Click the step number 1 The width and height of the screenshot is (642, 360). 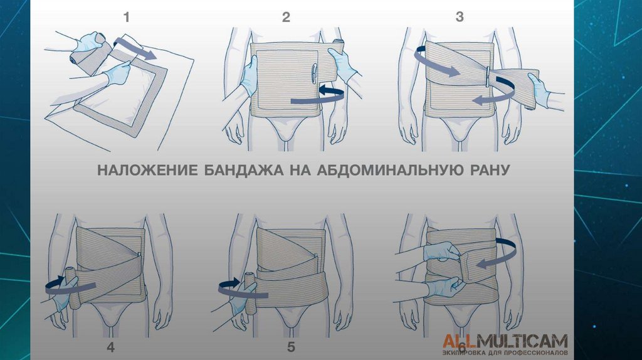pyautogui.click(x=127, y=17)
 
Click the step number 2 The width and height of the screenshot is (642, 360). pyautogui.click(x=286, y=17)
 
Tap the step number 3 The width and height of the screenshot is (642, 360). pyautogui.click(x=460, y=17)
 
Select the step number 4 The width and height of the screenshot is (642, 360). pyautogui.click(x=110, y=347)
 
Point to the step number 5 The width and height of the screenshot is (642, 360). pyautogui.click(x=291, y=347)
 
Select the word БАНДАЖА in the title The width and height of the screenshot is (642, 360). pyautogui.click(x=244, y=169)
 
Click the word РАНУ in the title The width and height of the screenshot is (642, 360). pyautogui.click(x=485, y=169)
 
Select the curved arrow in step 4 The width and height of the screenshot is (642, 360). pyautogui.click(x=70, y=285)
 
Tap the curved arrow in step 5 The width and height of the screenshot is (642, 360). pyautogui.click(x=241, y=288)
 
